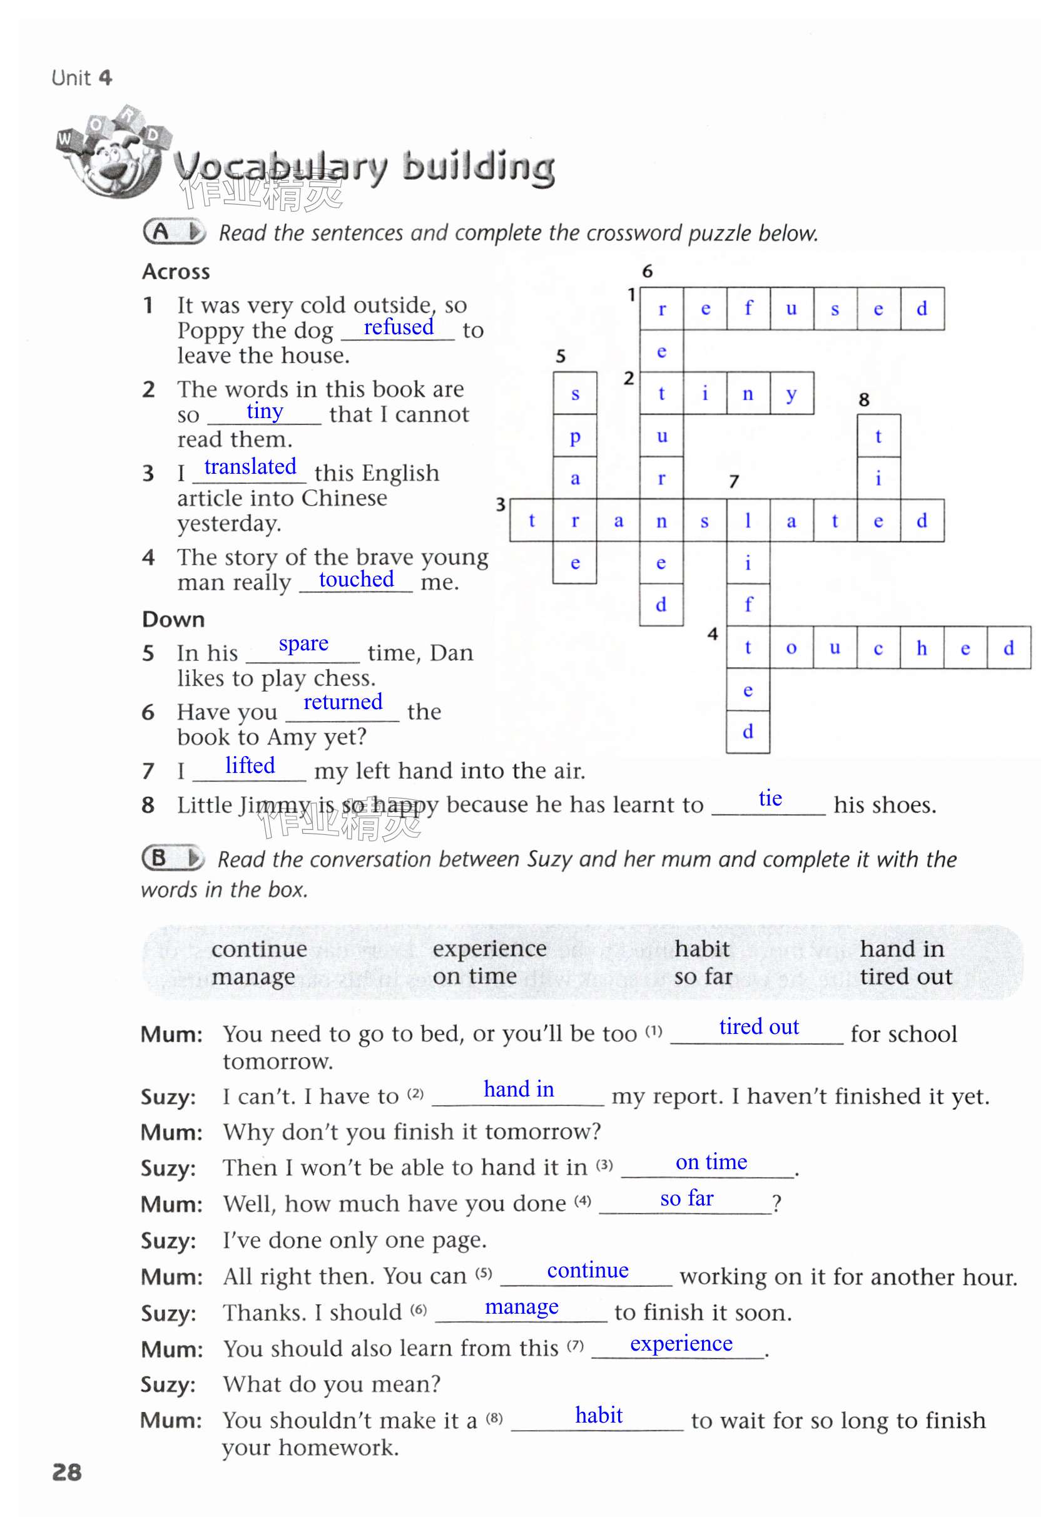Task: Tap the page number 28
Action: pyautogui.click(x=67, y=1471)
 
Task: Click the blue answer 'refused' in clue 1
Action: pyautogui.click(x=399, y=327)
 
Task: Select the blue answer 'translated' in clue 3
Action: pyautogui.click(x=250, y=467)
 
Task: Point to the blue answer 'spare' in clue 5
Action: pyautogui.click(x=303, y=643)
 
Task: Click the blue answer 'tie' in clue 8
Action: pyautogui.click(x=770, y=798)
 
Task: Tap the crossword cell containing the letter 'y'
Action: pyautogui.click(x=791, y=394)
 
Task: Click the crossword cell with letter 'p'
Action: pyautogui.click(x=575, y=436)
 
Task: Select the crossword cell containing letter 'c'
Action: pyautogui.click(x=878, y=648)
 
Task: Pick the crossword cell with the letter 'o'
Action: pyautogui.click(x=791, y=648)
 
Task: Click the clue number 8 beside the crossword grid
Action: pyautogui.click(x=863, y=400)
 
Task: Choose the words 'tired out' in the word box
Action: pyautogui.click(x=905, y=976)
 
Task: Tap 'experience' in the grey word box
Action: pyautogui.click(x=489, y=949)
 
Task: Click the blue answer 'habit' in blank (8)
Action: pyautogui.click(x=599, y=1414)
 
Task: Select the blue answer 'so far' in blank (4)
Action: pyautogui.click(x=687, y=1198)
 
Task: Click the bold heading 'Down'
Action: pyautogui.click(x=173, y=619)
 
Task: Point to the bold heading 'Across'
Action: pyautogui.click(x=176, y=272)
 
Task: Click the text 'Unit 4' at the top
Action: pyautogui.click(x=81, y=78)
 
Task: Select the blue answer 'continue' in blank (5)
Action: pyautogui.click(x=587, y=1270)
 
